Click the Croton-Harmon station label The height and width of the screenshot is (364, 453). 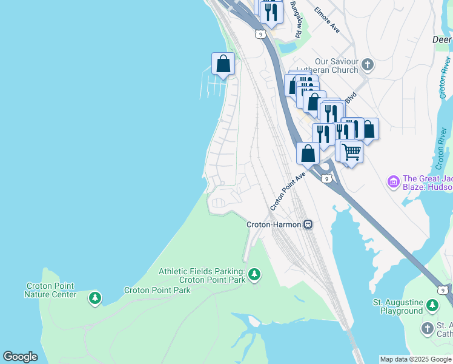pyautogui.click(x=274, y=224)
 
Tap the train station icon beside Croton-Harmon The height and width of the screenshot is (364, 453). pyautogui.click(x=308, y=224)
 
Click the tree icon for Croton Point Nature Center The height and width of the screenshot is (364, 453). pyautogui.click(x=94, y=298)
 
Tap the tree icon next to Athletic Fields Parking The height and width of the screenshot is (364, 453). pyautogui.click(x=254, y=275)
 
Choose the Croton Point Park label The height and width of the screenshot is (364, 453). pyautogui.click(x=157, y=290)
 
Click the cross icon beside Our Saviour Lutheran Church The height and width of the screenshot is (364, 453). pyautogui.click(x=367, y=64)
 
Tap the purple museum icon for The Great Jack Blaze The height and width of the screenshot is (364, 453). pyautogui.click(x=393, y=181)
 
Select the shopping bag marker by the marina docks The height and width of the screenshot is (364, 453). pyautogui.click(x=223, y=64)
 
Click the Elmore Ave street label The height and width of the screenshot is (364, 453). pyautogui.click(x=327, y=19)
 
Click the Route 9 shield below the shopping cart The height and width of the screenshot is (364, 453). pyautogui.click(x=326, y=178)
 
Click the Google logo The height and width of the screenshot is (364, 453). pyautogui.click(x=20, y=357)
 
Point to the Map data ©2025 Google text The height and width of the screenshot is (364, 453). pyautogui.click(x=415, y=359)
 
